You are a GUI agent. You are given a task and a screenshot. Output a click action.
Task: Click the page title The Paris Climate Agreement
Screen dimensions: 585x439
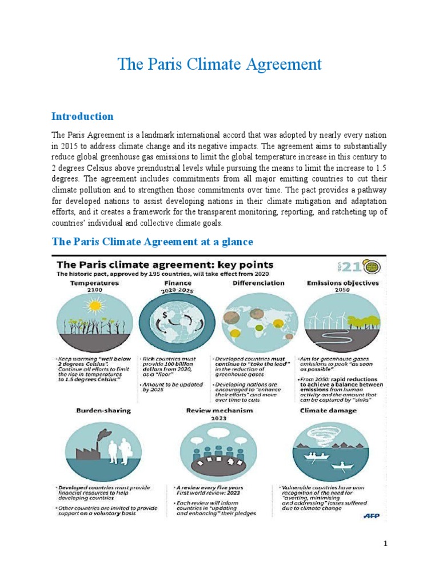pos(219,64)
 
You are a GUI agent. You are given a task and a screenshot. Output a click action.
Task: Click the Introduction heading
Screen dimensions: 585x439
pos(82,117)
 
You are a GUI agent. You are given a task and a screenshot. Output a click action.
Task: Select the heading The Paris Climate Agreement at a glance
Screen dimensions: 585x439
pos(152,242)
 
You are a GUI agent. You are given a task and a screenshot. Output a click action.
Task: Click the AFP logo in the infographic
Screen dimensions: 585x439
pos(372,516)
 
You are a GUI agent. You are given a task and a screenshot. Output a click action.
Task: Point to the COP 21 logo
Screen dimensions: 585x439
pos(364,268)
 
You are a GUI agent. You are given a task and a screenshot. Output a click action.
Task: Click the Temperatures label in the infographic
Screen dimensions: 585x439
pos(94,283)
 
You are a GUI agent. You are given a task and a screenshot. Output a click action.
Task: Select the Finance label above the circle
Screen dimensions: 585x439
pos(178,283)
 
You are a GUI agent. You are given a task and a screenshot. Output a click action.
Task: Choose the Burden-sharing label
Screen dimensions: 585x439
pos(95,410)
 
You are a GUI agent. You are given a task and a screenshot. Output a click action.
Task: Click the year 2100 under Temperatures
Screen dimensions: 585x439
pos(94,290)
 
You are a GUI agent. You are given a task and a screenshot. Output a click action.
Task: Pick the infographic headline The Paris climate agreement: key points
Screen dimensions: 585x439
pos(165,265)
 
